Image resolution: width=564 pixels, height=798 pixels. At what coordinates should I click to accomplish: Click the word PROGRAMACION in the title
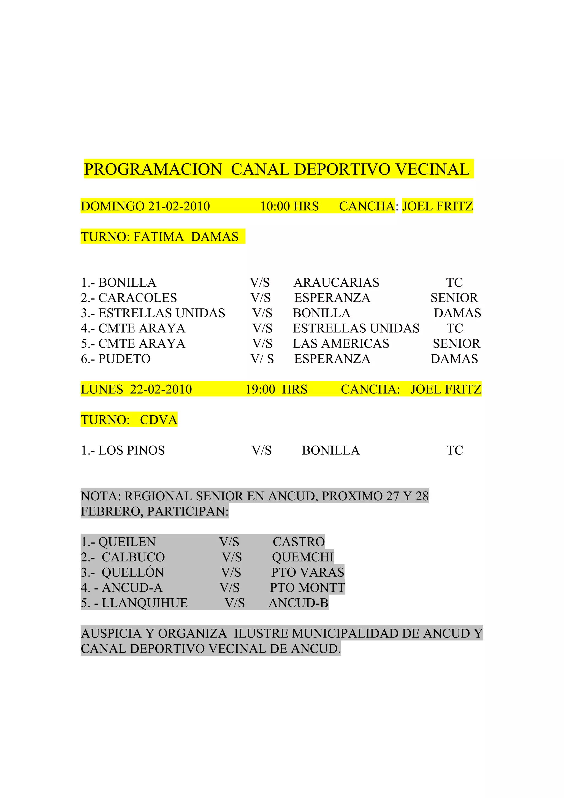click(x=153, y=170)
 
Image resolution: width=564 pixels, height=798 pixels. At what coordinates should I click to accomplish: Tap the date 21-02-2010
click(x=179, y=206)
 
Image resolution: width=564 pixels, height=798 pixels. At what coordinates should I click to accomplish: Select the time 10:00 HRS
click(x=289, y=206)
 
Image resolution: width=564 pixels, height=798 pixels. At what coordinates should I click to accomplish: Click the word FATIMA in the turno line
click(x=158, y=237)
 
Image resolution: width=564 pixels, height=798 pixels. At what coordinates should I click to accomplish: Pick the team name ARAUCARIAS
click(x=336, y=283)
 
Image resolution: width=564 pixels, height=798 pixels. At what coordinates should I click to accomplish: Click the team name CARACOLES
click(x=138, y=298)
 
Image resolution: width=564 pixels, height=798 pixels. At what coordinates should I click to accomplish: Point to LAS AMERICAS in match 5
click(x=341, y=343)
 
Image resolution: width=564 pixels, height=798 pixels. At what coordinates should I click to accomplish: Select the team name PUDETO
click(x=124, y=359)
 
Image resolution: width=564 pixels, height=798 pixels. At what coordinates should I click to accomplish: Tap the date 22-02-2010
click(x=161, y=389)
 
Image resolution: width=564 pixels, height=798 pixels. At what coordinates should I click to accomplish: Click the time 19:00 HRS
click(x=276, y=389)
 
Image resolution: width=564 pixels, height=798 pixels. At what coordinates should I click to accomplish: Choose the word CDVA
click(x=158, y=420)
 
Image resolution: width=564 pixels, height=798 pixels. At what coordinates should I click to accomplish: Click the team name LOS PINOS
click(x=131, y=450)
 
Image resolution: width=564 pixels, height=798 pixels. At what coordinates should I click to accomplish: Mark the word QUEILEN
click(x=127, y=542)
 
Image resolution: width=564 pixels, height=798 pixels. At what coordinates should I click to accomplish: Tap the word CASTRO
click(x=299, y=542)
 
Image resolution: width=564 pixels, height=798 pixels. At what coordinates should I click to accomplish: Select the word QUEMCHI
click(x=302, y=557)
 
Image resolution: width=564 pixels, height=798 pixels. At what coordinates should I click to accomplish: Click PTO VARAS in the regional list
click(x=308, y=572)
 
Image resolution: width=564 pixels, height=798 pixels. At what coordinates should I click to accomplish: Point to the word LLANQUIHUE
click(x=145, y=603)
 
